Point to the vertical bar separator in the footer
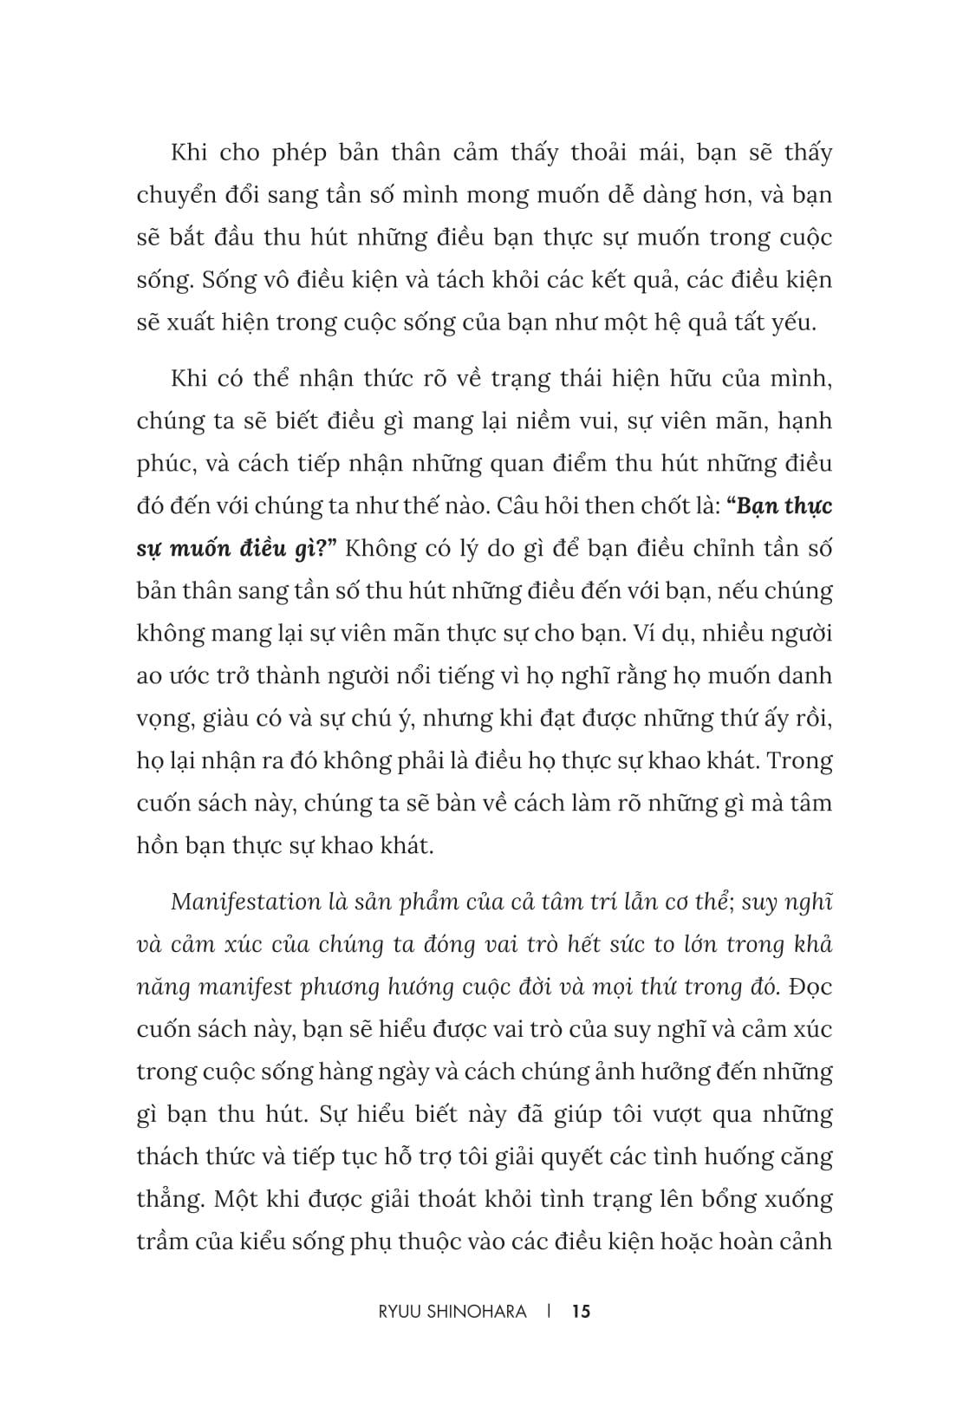coord(550,1311)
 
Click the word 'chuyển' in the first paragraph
coord(176,196)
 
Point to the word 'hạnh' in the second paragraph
coord(805,421)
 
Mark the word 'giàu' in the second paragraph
coord(229,719)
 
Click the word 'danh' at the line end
coord(805,676)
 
